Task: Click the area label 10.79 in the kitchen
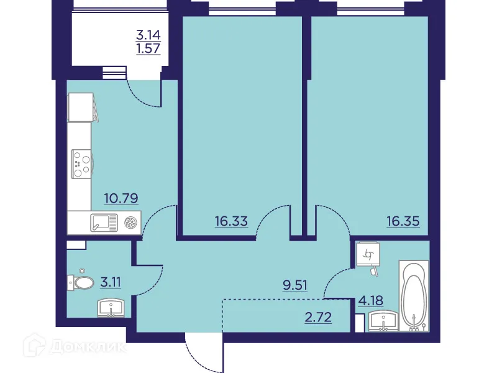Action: tap(121, 199)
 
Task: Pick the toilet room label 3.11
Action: tap(111, 283)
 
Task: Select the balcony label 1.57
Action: tap(148, 49)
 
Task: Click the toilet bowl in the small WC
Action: tap(81, 283)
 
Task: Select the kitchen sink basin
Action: tap(103, 221)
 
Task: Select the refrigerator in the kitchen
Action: tap(81, 107)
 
